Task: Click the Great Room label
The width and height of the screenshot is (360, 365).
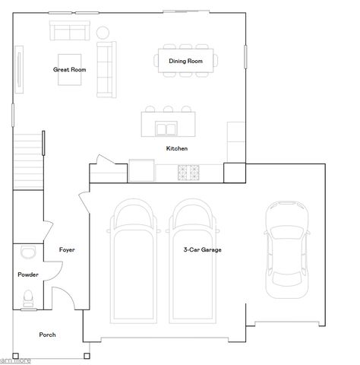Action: [x=69, y=69]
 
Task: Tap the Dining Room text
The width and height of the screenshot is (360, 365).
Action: [x=185, y=60]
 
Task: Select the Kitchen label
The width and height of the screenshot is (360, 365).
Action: [x=176, y=148]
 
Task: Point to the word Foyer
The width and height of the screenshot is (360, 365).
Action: [x=67, y=249]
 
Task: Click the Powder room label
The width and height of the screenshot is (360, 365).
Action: [x=28, y=275]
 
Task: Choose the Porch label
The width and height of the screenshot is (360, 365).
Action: [x=47, y=335]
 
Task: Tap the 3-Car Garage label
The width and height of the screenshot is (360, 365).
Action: [x=202, y=249]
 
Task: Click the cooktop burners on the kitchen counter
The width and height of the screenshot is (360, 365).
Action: [x=188, y=172]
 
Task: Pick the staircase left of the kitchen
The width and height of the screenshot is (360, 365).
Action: [x=28, y=160]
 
